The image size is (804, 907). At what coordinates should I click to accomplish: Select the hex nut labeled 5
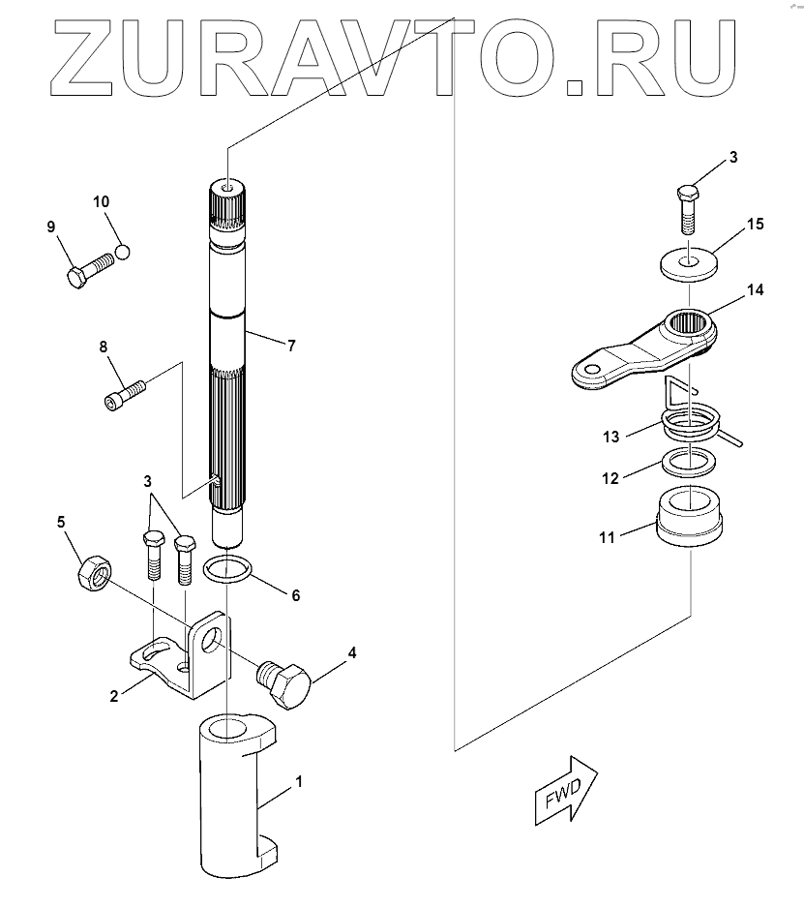92,576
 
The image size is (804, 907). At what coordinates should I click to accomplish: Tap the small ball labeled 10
122,252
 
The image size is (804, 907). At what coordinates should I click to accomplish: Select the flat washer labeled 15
689,262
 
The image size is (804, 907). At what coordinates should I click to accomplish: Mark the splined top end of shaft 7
227,207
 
